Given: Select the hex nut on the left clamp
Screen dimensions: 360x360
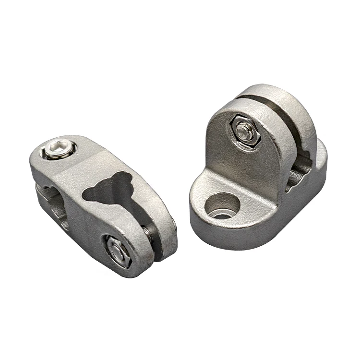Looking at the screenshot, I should click(x=117, y=251).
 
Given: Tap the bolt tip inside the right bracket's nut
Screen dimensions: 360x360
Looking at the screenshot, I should click(x=245, y=131).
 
